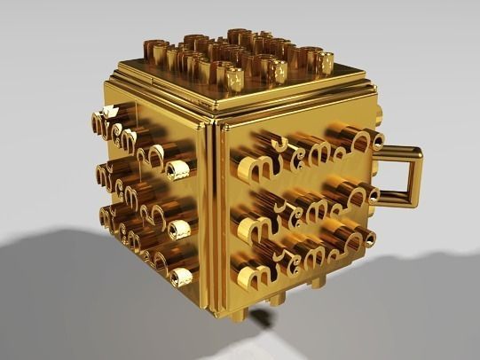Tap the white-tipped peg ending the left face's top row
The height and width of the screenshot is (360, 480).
[x=181, y=168]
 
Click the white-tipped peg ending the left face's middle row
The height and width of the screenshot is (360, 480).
[x=180, y=230]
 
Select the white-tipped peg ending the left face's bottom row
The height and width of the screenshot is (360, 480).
[x=182, y=277]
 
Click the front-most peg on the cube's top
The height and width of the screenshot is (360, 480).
[x=235, y=81]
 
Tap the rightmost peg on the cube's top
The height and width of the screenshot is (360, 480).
[x=325, y=63]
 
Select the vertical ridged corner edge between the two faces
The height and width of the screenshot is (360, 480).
[x=213, y=213]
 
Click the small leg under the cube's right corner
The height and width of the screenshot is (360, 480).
[x=317, y=285]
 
